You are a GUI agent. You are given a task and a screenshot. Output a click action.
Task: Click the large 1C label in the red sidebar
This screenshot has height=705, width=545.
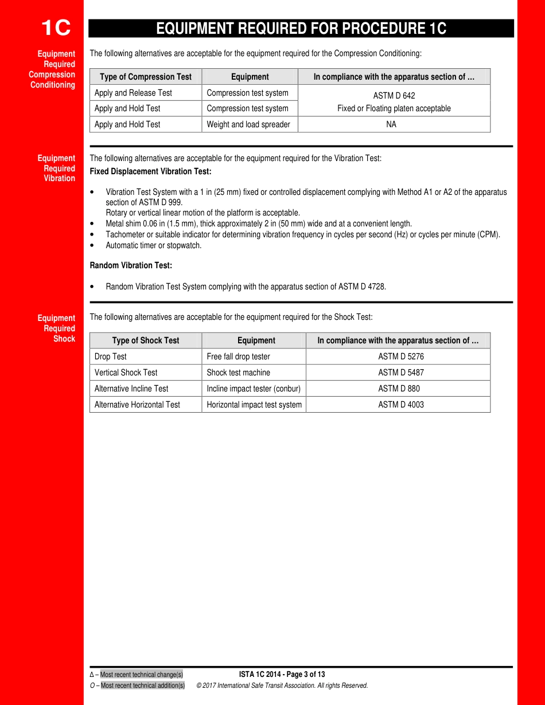[x=56, y=28]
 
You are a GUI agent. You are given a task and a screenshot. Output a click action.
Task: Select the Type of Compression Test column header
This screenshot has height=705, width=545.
[x=146, y=77]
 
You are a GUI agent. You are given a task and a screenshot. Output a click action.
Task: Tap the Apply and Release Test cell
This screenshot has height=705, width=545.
[x=133, y=93]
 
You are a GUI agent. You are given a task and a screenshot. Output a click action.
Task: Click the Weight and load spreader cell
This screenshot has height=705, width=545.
[x=248, y=124]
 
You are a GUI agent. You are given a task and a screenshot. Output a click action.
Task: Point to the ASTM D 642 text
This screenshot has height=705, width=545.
[x=394, y=96]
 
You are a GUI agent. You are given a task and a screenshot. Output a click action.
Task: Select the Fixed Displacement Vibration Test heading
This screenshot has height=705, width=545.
[x=150, y=171]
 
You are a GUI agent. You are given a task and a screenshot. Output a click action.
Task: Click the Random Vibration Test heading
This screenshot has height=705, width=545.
[x=131, y=265]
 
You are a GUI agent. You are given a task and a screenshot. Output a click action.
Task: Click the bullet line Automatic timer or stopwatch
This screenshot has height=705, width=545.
[x=153, y=245]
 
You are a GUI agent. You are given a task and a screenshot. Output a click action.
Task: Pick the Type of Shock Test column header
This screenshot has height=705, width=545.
[x=146, y=340]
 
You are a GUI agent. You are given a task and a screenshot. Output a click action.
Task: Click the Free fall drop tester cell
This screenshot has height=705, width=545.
[x=238, y=357]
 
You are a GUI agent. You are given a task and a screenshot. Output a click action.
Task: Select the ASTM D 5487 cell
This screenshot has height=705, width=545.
[x=401, y=373]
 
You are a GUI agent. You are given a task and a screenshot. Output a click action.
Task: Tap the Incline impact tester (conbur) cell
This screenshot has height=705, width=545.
[x=254, y=389]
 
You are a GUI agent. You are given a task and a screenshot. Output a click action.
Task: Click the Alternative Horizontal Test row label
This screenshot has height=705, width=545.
[x=137, y=405]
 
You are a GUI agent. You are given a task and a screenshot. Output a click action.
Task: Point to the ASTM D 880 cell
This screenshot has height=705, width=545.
[x=399, y=389]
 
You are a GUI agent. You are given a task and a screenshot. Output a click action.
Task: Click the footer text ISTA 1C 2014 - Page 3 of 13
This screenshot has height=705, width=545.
[x=282, y=675]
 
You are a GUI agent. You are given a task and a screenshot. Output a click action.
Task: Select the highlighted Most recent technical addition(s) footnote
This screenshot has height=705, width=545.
[x=143, y=686]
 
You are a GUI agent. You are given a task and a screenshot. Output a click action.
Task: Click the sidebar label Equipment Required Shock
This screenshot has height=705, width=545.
[x=56, y=328]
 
